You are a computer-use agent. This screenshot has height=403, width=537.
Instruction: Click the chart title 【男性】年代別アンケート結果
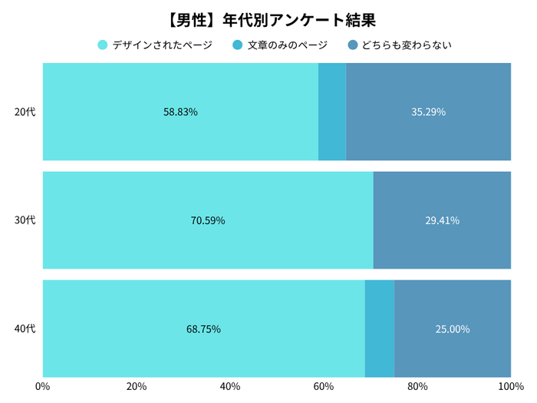(x=268, y=18)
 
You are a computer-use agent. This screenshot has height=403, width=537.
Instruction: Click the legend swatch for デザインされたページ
(x=102, y=45)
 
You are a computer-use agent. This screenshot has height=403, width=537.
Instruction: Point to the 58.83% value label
(x=180, y=112)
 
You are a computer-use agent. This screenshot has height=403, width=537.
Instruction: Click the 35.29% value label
(x=428, y=112)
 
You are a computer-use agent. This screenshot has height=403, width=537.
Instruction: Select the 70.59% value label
(x=208, y=220)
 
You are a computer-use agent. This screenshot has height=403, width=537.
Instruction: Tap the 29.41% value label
(x=442, y=220)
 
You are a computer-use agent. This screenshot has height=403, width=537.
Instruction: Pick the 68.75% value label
(x=203, y=329)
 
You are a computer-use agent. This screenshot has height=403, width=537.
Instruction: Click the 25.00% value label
(x=453, y=329)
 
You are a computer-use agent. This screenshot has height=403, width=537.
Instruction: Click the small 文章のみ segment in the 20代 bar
(x=332, y=112)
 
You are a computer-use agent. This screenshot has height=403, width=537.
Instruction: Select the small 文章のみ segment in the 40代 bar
(x=379, y=329)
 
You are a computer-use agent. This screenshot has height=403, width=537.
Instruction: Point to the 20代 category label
(x=25, y=112)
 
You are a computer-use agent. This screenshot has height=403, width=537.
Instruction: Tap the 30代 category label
(x=25, y=220)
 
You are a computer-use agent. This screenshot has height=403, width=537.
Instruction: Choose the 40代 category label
(x=25, y=329)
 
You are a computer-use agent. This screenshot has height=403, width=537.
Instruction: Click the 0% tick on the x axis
(x=43, y=385)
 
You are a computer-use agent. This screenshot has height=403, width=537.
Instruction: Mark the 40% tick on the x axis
(x=230, y=385)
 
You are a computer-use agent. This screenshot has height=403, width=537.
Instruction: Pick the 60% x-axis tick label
(x=324, y=385)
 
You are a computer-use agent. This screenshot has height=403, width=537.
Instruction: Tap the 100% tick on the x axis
(x=510, y=385)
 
